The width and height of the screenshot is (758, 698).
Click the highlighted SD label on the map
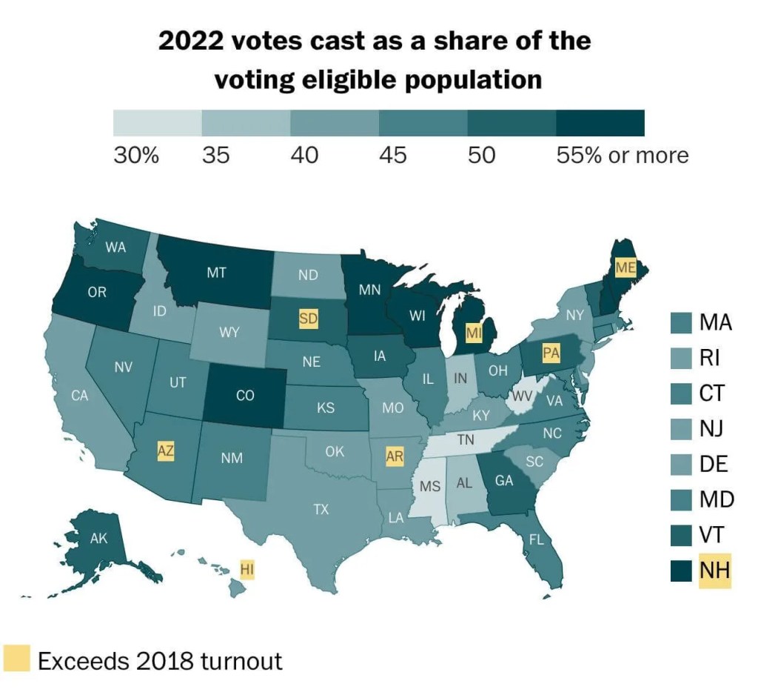coord(309,319)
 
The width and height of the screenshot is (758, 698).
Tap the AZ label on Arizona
coord(167,450)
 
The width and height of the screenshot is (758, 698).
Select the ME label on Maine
coord(625,267)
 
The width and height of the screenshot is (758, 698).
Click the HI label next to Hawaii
coord(248,569)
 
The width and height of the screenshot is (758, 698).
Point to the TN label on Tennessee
coord(465,439)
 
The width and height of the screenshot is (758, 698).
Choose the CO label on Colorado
coord(245,396)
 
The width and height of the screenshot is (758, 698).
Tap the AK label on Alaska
coord(99,539)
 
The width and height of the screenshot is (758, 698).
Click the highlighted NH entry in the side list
coord(714,570)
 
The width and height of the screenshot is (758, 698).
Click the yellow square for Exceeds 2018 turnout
coord(16,659)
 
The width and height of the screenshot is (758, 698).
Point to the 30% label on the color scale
coord(135,156)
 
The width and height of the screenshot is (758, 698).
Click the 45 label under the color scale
coord(392,156)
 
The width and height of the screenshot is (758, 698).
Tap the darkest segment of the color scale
coord(600,123)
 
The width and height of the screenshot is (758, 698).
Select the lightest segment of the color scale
coord(157,123)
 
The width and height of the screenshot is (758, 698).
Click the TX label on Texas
coord(321,509)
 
